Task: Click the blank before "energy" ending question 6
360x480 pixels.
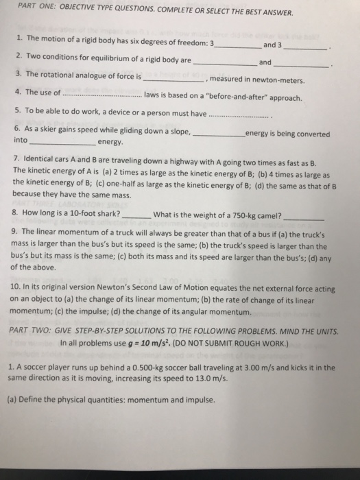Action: [62, 143]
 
